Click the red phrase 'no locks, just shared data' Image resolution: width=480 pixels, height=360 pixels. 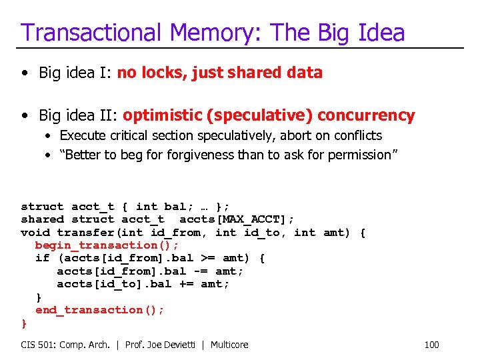[220, 73]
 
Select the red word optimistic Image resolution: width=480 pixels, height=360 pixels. [163, 115]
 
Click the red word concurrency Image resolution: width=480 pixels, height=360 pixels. [366, 115]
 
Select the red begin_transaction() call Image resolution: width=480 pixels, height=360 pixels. [107, 245]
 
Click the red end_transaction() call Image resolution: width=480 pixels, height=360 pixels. [99, 310]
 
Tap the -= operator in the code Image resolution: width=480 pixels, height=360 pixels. [201, 271]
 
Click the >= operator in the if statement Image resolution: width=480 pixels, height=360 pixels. [208, 258]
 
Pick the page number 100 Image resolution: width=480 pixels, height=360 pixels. [432, 345]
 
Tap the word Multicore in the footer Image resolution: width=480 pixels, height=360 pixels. [229, 345]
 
